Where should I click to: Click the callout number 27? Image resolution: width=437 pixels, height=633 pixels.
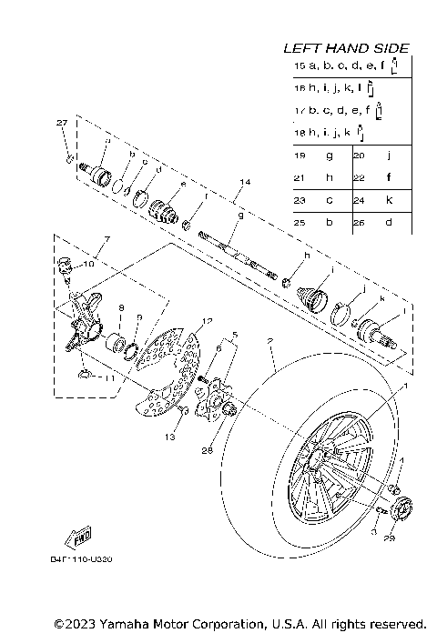click(x=62, y=123)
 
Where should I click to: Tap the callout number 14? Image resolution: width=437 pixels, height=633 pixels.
click(x=241, y=183)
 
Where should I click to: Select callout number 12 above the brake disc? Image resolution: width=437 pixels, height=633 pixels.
click(x=207, y=321)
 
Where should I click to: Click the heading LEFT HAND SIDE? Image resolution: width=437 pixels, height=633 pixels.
click(x=345, y=47)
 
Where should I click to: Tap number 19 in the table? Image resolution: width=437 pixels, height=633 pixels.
click(x=300, y=156)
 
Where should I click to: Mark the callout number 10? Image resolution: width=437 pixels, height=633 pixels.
click(x=88, y=264)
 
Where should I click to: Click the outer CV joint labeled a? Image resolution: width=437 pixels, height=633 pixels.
click(x=98, y=173)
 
